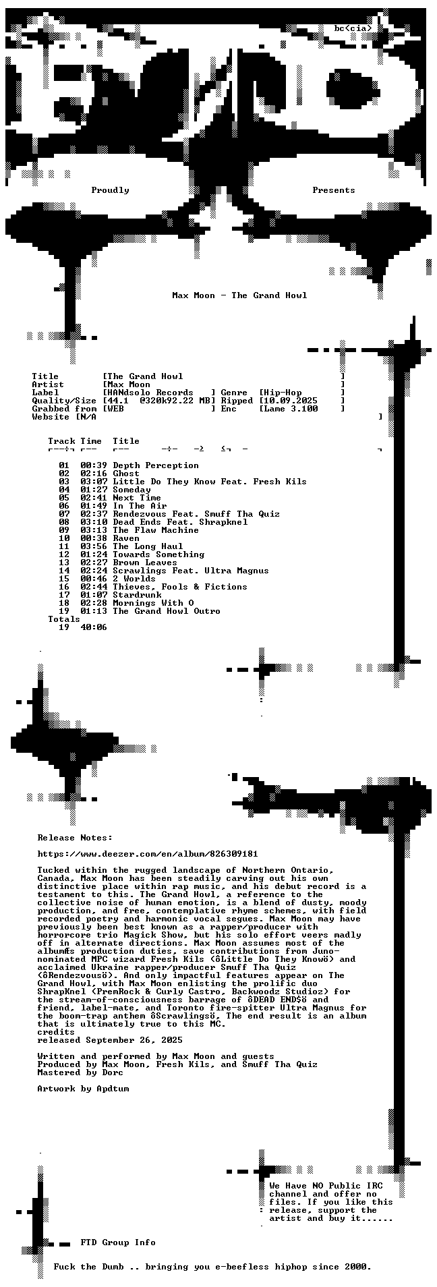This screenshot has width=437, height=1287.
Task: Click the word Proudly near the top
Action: click(x=110, y=190)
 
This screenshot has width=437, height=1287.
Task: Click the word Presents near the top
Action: click(x=334, y=190)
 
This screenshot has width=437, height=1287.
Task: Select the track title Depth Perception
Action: click(x=156, y=465)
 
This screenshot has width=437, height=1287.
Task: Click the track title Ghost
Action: click(x=126, y=474)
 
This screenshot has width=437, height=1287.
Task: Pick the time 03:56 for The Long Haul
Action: click(x=94, y=546)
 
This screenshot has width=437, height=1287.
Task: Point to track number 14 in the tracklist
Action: click(x=64, y=571)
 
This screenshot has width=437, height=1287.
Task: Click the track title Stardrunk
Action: click(x=137, y=595)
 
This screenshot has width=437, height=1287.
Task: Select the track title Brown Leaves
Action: click(x=145, y=563)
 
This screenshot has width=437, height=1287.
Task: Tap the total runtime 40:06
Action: click(x=94, y=627)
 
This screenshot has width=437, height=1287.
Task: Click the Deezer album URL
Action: click(x=148, y=854)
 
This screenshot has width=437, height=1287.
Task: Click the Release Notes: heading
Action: click(x=75, y=838)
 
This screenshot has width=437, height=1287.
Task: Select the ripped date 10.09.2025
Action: click(x=291, y=401)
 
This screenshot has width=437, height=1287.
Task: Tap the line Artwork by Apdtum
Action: click(x=83, y=1089)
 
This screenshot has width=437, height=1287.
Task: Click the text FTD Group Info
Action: click(x=118, y=1242)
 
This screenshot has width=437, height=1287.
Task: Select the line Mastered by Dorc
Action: click(x=80, y=1072)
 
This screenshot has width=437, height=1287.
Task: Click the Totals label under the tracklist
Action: click(x=64, y=619)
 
